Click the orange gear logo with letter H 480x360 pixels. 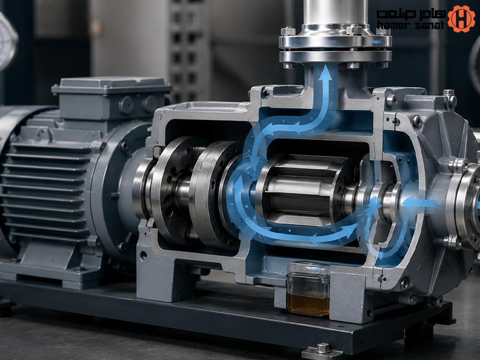[461, 19]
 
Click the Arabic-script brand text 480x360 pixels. [411, 14]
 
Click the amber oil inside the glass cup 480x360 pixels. [308, 304]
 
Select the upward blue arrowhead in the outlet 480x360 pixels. [325, 73]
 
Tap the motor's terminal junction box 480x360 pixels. [112, 97]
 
